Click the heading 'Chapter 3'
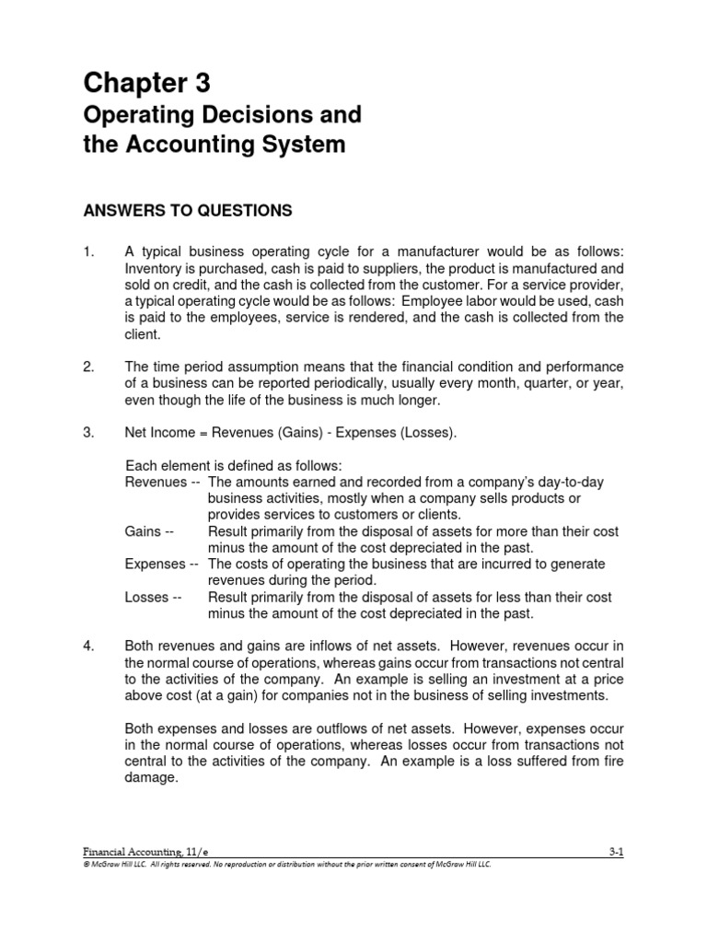pos(146,84)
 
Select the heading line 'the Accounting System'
pos(214,145)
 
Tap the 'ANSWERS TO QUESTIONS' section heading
pos(188,211)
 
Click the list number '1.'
pos(88,251)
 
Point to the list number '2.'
pos(88,367)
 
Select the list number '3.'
pos(88,432)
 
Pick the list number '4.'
pos(88,646)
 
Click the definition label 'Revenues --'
pos(162,482)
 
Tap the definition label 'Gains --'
pos(149,531)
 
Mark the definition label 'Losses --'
pos(152,598)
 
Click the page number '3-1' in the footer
pos(616,854)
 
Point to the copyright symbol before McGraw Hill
pos(86,866)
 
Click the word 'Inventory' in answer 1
pos(154,268)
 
